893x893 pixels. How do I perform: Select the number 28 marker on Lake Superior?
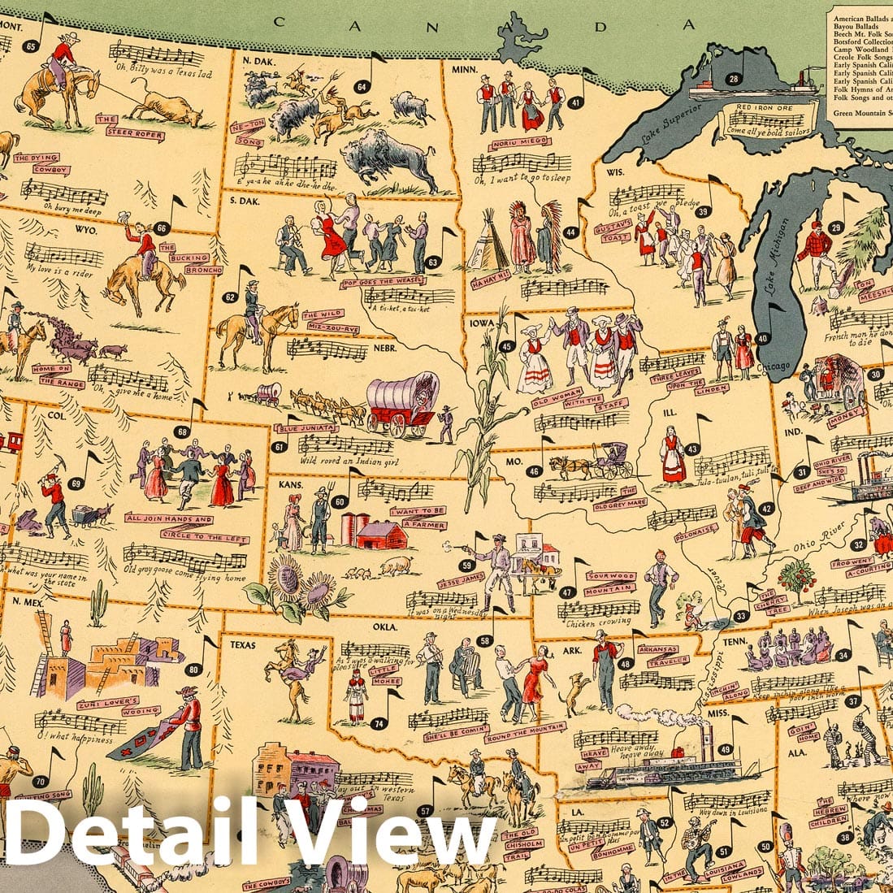click(733, 79)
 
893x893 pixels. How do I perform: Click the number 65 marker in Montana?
click(31, 46)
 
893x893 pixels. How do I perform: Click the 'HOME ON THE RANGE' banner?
click(56, 373)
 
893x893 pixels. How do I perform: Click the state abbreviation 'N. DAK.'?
click(258, 59)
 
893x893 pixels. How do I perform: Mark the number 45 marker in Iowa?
click(507, 346)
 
